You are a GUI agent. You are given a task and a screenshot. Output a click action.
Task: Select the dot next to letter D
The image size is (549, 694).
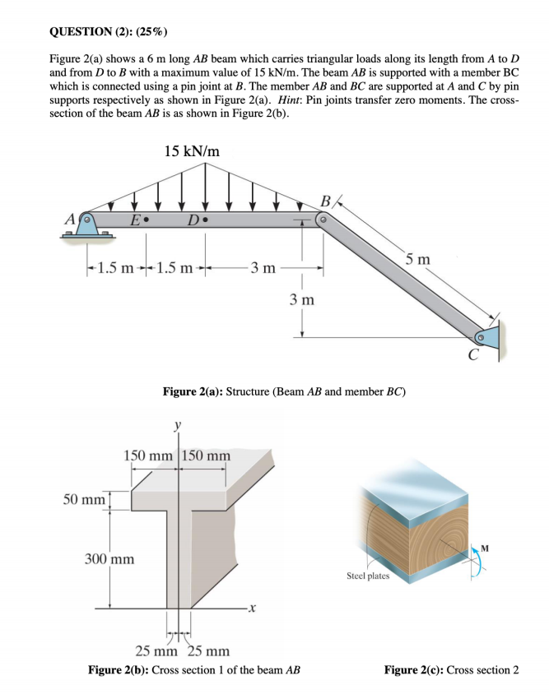pyautogui.click(x=206, y=220)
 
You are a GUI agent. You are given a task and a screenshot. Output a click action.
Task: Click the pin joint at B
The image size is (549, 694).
pyautogui.click(x=325, y=220)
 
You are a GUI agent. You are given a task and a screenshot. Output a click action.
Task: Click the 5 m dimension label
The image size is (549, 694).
pyautogui.click(x=418, y=261)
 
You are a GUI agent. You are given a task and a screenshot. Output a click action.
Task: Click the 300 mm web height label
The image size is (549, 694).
pyautogui.click(x=110, y=559)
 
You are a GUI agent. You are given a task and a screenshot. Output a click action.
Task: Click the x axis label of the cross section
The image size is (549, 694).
pyautogui.click(x=254, y=609)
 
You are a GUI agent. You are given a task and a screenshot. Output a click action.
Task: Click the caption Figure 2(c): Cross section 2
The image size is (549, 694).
pyautogui.click(x=451, y=669)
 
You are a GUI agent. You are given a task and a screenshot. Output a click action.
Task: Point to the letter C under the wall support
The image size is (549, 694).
pyautogui.click(x=472, y=356)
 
